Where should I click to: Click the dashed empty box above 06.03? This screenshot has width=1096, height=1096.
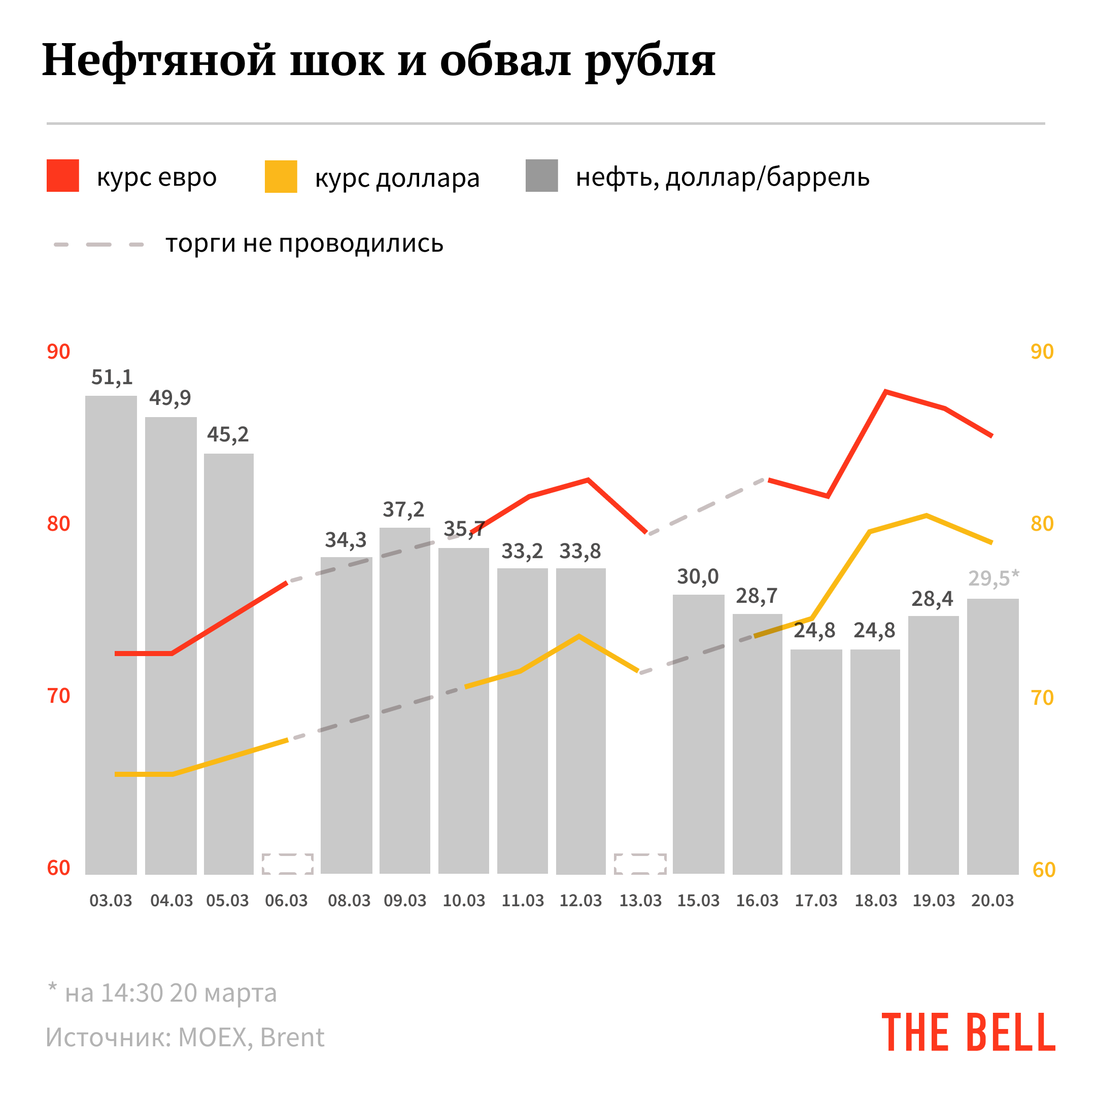pos(288,864)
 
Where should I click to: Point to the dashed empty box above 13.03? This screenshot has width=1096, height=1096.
pos(640,864)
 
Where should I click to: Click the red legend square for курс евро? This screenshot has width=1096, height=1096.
pos(62,176)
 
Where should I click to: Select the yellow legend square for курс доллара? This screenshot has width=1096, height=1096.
pos(281,177)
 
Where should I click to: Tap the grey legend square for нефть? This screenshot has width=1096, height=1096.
pos(541,176)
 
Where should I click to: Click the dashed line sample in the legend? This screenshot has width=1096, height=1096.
pos(99,245)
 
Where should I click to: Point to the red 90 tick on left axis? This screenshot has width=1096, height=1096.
pos(58,352)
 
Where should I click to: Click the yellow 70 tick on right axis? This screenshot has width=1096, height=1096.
pos(1042,698)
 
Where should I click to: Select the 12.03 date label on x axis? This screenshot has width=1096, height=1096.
pos(580,901)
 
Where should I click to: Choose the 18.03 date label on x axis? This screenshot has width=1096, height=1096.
pos(875,901)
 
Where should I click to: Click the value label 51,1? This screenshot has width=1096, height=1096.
pos(112,377)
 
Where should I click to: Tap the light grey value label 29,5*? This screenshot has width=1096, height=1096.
pos(993,578)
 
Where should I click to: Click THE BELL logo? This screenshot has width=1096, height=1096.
pos(968,1033)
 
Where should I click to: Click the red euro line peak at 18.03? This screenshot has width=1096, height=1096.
pos(885,391)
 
